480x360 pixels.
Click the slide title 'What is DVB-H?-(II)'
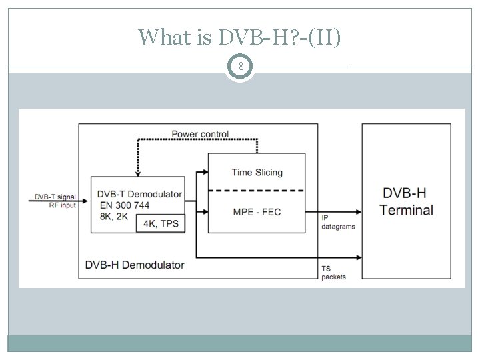coord(239,37)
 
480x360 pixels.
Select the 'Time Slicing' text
coord(257,172)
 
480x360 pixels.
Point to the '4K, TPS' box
coord(161,223)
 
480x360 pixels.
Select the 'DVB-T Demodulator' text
coord(139,194)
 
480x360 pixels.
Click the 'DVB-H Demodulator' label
coord(135,265)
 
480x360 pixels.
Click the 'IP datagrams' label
coord(338,222)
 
